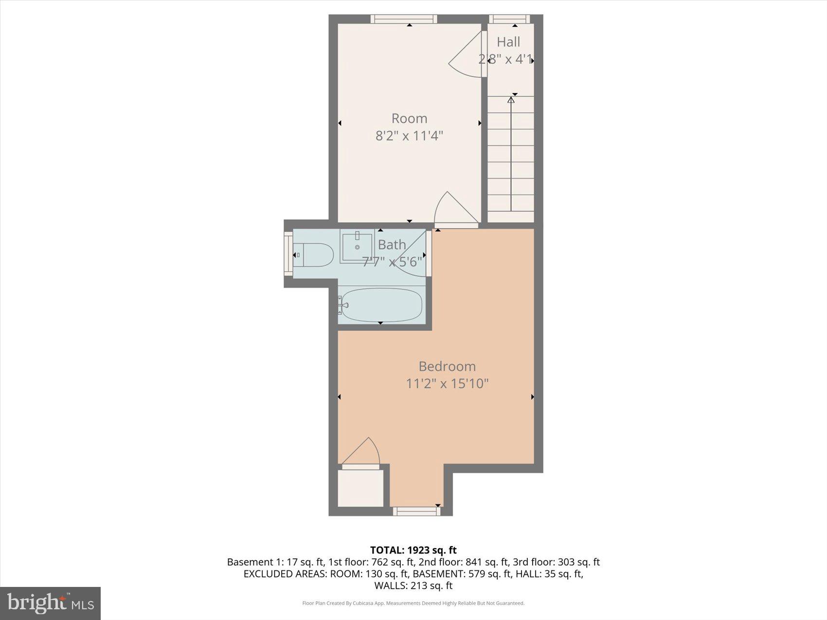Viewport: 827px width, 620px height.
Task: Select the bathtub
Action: [381, 305]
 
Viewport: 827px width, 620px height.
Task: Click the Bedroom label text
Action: [447, 366]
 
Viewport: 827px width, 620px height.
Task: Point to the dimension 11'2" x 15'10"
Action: [447, 384]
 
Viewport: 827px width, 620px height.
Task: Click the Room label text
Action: [409, 118]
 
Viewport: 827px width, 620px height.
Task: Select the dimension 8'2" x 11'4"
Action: [409, 135]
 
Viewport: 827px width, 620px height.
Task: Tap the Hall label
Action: [508, 42]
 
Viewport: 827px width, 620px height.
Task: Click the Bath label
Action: [392, 245]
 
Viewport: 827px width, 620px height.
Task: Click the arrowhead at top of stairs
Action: [511, 100]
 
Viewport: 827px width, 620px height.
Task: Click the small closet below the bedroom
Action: [360, 488]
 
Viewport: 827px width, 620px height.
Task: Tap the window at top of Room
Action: [403, 19]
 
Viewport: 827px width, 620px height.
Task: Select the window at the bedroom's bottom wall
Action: [416, 511]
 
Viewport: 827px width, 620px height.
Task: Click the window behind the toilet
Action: [288, 254]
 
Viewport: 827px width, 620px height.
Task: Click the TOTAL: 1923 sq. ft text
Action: [413, 550]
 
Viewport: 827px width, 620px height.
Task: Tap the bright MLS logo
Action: [50, 603]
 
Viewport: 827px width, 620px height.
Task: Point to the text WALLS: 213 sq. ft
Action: [413, 585]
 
